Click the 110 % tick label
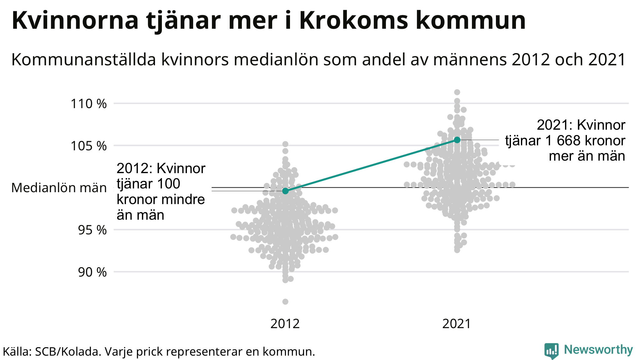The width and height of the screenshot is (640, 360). (x=89, y=104)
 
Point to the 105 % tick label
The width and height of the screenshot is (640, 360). (x=89, y=146)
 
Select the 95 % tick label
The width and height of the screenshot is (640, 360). (x=92, y=230)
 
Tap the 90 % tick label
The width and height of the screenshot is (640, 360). (x=92, y=272)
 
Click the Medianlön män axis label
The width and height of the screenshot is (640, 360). (x=59, y=188)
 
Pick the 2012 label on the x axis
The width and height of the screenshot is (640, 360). (x=285, y=324)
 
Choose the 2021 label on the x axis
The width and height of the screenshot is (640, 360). (x=457, y=324)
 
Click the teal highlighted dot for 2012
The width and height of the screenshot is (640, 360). (x=285, y=191)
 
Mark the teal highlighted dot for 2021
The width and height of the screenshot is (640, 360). (x=457, y=140)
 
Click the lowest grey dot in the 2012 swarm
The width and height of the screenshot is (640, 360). (x=285, y=302)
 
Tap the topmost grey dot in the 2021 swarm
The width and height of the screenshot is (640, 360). (x=457, y=92)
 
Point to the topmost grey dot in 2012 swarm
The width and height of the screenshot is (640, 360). (x=285, y=144)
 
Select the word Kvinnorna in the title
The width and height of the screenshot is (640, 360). (x=75, y=21)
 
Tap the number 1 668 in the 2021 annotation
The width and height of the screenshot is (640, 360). (x=563, y=141)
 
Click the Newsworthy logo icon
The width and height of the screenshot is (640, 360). (x=552, y=351)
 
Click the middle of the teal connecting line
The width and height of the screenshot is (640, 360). (x=371, y=165)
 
